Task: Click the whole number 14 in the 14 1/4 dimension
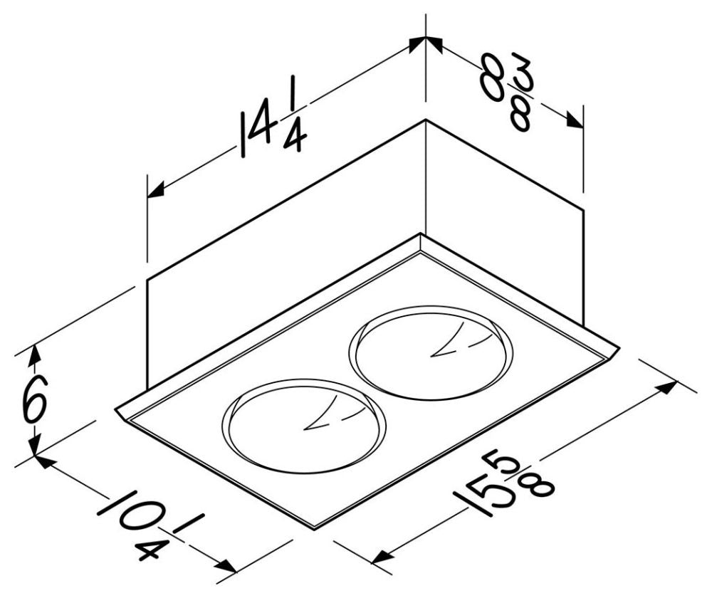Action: coord(258,132)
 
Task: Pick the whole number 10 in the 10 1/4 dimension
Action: coord(122,518)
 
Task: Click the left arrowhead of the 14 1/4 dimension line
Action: coord(155,190)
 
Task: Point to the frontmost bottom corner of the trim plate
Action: coord(314,528)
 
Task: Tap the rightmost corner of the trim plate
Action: coord(618,349)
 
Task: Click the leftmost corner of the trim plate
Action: coord(116,409)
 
